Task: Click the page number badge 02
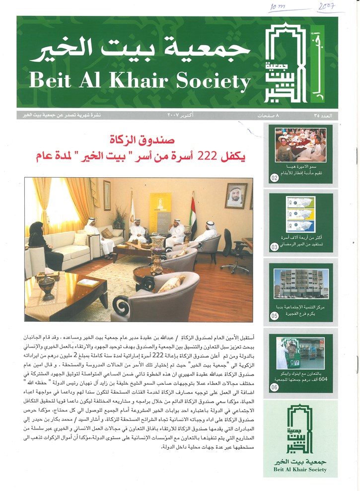point(275,176)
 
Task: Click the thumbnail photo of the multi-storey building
point(301,284)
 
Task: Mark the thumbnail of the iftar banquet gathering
point(301,145)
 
